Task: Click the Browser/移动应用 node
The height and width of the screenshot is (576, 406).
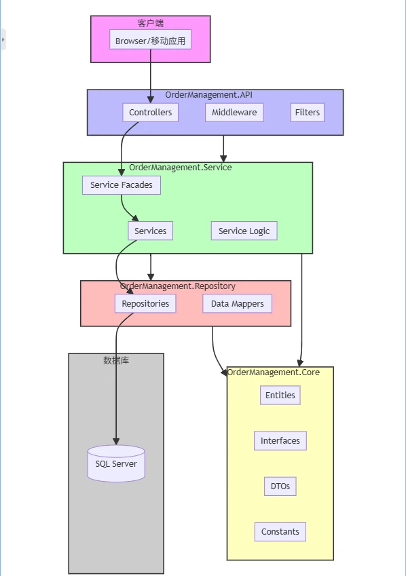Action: pos(151,41)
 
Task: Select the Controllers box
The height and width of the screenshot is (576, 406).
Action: pos(151,112)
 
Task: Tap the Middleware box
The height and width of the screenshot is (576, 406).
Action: pos(234,112)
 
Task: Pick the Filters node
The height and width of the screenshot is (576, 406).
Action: pos(307,112)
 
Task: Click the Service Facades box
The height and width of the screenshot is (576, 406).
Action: pos(122,185)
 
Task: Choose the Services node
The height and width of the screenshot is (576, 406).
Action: pos(151,231)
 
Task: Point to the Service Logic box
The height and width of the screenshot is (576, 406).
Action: pos(244,231)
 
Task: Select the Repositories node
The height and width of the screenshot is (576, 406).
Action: pos(145,303)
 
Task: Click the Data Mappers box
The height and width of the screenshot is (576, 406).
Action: pos(237,303)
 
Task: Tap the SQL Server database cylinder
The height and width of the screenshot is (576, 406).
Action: pos(116,463)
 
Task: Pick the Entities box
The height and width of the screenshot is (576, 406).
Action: pos(280,395)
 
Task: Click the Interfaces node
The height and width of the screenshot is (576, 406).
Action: pos(280,440)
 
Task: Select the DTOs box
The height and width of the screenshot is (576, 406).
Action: pos(280,486)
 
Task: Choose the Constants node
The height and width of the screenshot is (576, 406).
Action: pos(280,531)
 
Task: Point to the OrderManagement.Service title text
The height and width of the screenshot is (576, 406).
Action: pos(181,167)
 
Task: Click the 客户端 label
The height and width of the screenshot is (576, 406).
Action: pos(151,23)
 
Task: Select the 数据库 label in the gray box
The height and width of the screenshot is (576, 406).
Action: pos(116,360)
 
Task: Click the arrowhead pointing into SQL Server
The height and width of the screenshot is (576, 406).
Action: pos(116,441)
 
